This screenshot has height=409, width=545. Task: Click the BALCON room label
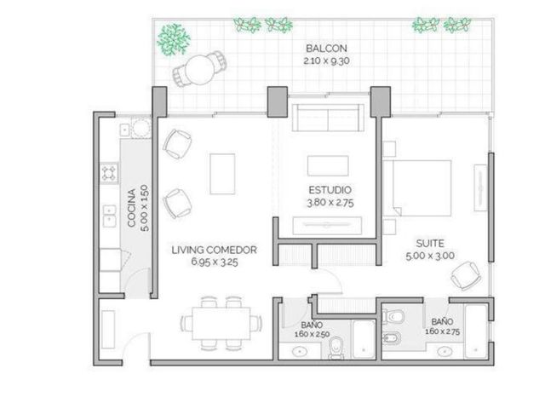326,48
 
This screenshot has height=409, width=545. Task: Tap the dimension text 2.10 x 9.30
326,60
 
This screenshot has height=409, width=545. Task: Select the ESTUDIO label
330,190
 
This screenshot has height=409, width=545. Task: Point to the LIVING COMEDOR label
214,250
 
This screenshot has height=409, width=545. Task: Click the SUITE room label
430,243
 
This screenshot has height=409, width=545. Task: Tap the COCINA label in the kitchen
131,208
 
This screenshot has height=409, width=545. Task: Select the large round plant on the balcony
174,39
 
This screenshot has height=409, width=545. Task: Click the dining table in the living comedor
221,324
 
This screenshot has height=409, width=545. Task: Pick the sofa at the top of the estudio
328,118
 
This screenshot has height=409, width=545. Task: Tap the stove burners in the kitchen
109,173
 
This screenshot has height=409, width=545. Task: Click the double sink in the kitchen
109,216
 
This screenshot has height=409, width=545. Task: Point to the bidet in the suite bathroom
392,337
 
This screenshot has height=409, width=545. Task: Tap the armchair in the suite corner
466,276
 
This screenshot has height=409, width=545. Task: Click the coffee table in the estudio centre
328,166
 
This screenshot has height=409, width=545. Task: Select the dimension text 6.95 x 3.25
215,262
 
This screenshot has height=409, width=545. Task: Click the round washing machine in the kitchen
141,128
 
